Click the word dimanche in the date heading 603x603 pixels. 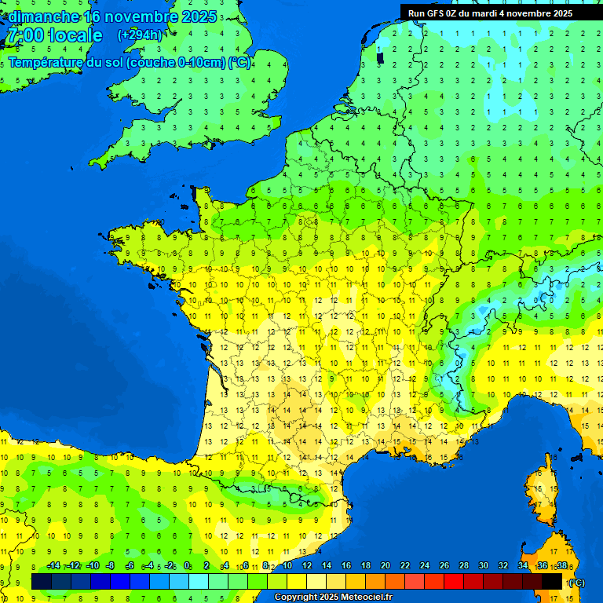(x=44, y=16)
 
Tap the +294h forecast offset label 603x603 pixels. (x=140, y=35)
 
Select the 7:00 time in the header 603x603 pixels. (x=25, y=35)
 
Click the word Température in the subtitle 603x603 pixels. (x=47, y=63)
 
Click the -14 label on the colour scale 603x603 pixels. (x=53, y=566)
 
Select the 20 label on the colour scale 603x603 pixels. (x=386, y=566)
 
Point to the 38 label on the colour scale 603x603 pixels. (x=561, y=566)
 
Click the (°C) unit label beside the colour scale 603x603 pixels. (x=576, y=583)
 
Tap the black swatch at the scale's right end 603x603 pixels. (x=552, y=581)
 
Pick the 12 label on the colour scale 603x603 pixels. (x=307, y=566)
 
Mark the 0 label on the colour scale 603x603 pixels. (x=187, y=566)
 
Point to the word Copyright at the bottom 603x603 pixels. (x=297, y=598)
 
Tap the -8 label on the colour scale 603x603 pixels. (x=111, y=566)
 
